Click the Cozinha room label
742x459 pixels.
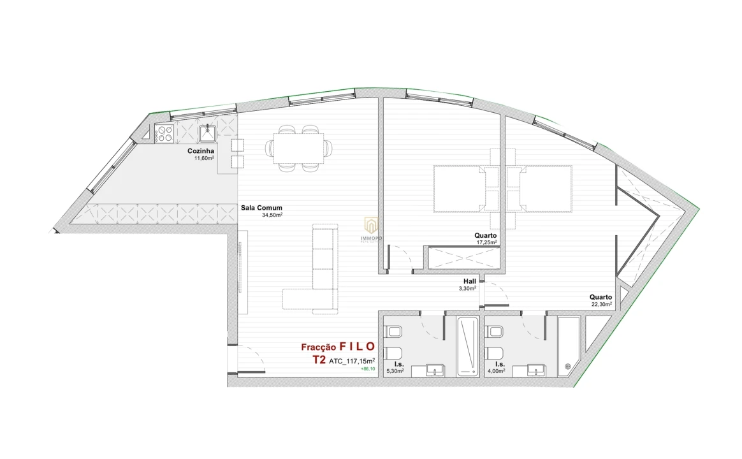click(200, 151)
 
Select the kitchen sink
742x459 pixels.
click(208, 133)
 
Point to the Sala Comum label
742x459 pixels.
click(261, 208)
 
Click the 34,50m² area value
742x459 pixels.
click(272, 215)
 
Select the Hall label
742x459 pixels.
click(470, 281)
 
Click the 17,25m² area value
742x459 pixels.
click(486, 242)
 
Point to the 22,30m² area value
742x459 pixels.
click(601, 305)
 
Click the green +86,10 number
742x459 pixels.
click(368, 369)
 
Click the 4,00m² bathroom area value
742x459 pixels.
click(497, 370)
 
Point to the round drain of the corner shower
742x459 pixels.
click(568, 366)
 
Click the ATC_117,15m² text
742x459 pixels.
click(352, 361)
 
